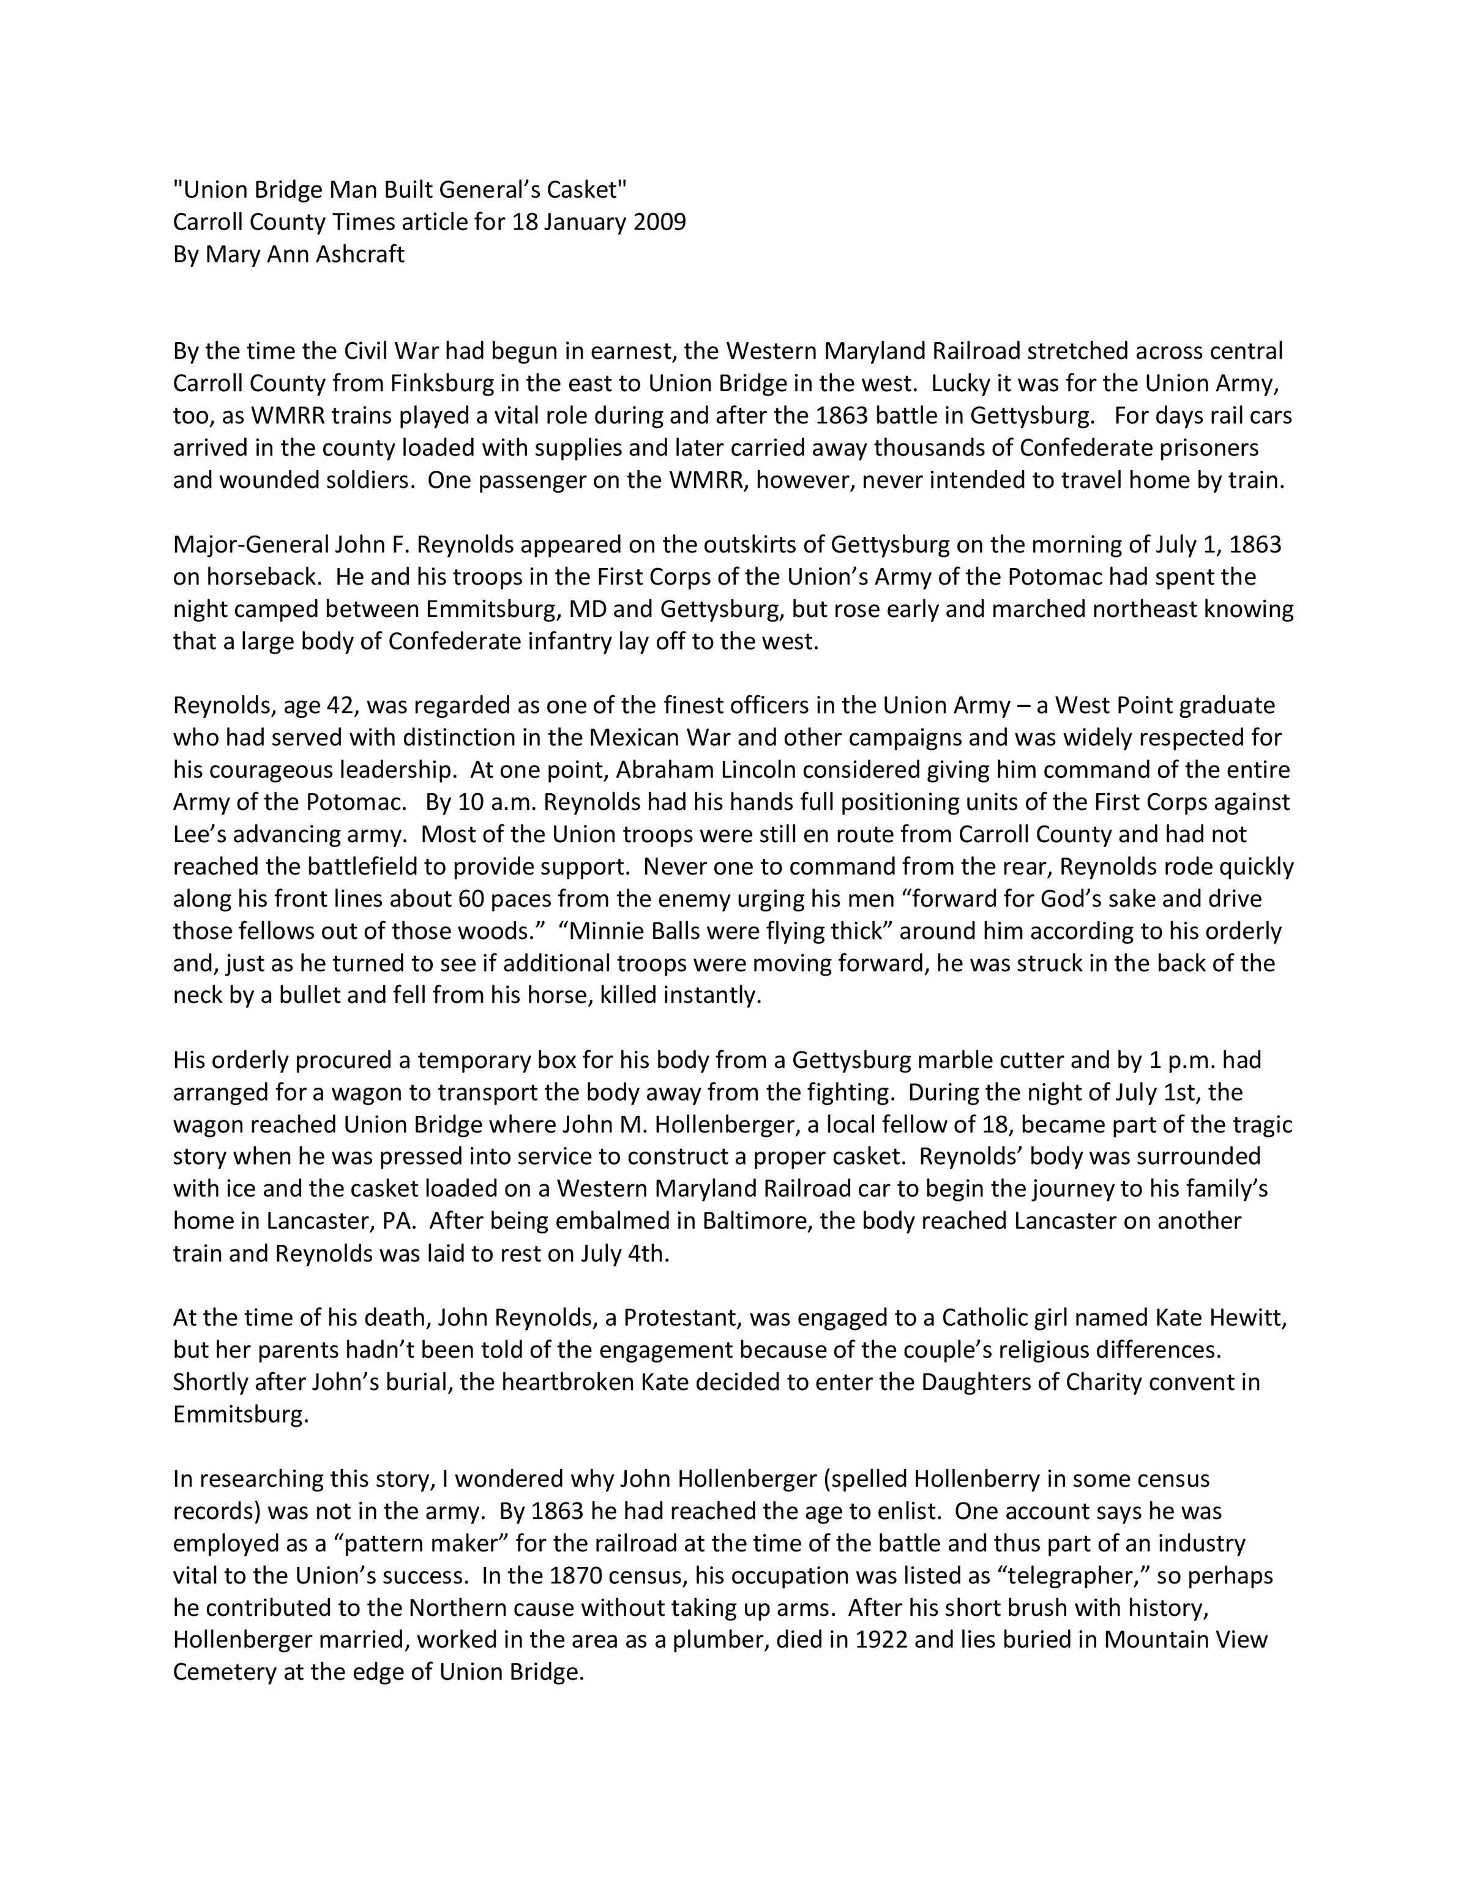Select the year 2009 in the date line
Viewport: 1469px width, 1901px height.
[x=660, y=222]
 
